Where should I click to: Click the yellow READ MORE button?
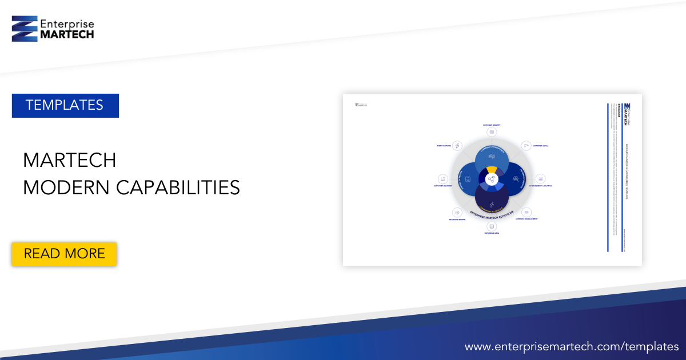[64, 254]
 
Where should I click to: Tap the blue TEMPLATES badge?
[65, 105]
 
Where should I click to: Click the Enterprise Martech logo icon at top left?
[24, 29]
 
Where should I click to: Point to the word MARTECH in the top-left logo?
[67, 34]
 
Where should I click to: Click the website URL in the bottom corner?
[571, 346]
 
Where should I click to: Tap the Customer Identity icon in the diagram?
[492, 132]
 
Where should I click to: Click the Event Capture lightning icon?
[457, 146]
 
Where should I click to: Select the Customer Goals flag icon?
[527, 146]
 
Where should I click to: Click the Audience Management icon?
[527, 212]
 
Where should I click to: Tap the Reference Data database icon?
[492, 226]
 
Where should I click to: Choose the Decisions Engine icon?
[457, 212]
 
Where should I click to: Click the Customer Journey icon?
[443, 179]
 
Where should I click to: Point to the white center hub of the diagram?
[492, 179]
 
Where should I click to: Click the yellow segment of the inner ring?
[492, 170]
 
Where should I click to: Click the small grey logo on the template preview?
[361, 105]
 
